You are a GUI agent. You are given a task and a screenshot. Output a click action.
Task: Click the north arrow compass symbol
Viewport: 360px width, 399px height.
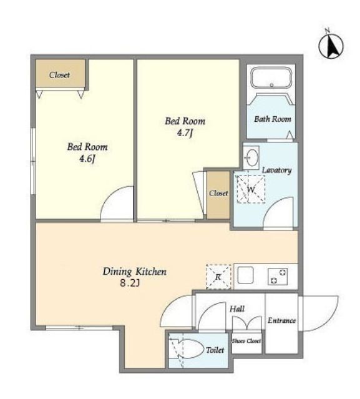(331, 46)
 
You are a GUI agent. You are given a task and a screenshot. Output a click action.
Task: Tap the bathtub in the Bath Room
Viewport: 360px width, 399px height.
(271, 78)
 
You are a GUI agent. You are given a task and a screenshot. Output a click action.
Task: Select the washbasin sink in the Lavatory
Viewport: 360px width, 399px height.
(251, 157)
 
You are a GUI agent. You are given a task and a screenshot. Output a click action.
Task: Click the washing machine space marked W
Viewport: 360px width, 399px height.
(251, 189)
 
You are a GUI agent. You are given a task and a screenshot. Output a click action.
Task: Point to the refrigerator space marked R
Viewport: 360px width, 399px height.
(218, 277)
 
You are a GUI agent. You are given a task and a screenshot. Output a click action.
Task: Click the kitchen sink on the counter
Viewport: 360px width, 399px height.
(245, 275)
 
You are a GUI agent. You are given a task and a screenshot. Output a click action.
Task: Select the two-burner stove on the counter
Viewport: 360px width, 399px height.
(278, 277)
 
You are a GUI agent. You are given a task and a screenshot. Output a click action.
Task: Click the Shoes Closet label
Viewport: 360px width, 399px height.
(246, 341)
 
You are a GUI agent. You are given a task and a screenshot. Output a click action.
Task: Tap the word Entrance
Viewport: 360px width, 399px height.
(281, 320)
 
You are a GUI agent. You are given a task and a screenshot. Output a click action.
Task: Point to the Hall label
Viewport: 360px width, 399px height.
(237, 309)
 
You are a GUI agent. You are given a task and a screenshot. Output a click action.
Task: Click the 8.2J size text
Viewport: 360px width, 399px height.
(130, 283)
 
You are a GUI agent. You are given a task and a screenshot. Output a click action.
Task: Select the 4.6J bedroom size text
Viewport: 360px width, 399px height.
(87, 159)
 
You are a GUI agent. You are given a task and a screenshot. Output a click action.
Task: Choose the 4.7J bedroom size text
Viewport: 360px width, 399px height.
(185, 133)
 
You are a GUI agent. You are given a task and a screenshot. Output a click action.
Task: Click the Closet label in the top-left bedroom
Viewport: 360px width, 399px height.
(59, 75)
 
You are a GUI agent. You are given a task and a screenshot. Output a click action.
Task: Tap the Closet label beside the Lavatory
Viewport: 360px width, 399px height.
(218, 193)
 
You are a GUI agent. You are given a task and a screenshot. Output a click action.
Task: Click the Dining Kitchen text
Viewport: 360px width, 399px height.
(135, 272)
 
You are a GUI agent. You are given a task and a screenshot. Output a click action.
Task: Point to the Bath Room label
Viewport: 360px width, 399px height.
(273, 119)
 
